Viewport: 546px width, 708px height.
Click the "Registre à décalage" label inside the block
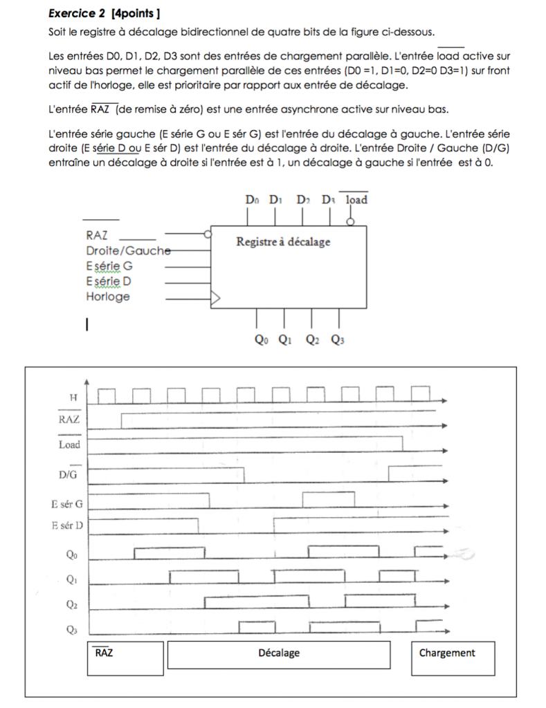283,242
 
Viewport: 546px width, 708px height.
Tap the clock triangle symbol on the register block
215,298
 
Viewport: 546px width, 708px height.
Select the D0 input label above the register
252,200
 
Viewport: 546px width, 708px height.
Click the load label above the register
356,200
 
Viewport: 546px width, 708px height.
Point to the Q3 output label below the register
338,339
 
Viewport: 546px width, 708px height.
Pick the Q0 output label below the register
261,339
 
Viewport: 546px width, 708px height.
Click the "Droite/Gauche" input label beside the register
127,251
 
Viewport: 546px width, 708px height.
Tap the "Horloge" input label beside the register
108,297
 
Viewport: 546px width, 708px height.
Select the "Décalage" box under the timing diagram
279,653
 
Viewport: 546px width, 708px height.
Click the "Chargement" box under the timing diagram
447,653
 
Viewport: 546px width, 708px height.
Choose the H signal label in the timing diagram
73,398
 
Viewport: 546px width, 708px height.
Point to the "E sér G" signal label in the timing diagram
66,505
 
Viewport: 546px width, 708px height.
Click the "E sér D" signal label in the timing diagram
66,525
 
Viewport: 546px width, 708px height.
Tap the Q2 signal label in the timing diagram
72,604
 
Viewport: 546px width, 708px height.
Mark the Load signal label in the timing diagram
69,445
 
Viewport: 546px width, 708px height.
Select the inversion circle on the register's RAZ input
208,234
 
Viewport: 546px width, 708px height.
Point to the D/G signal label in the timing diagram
68,475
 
